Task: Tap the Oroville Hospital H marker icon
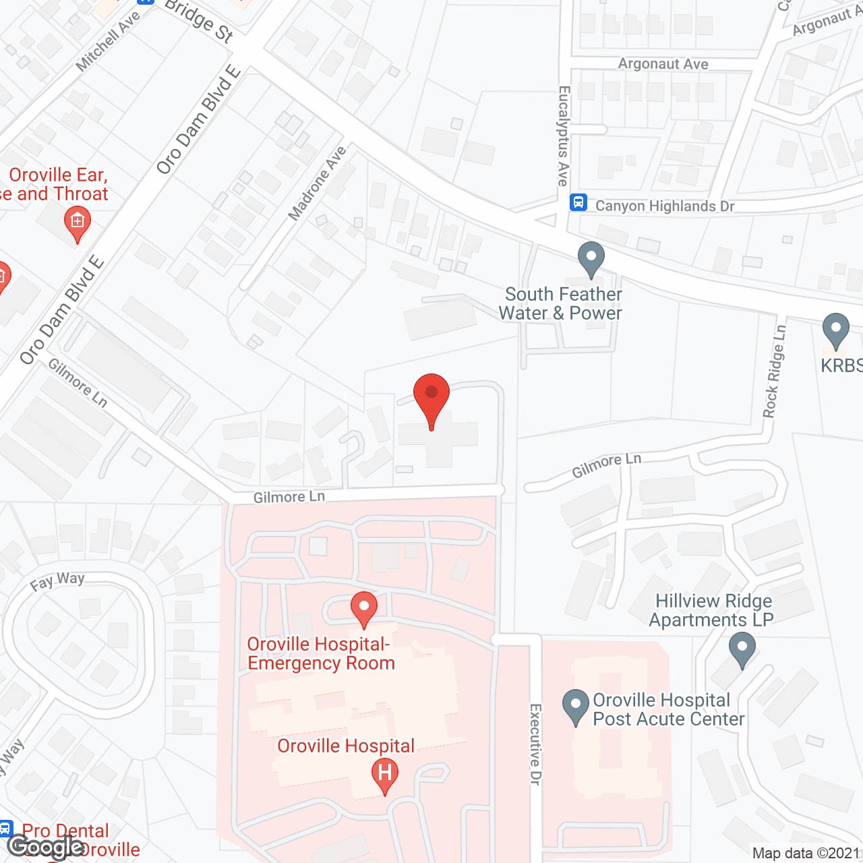pos(385,774)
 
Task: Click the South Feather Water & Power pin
pos(591,258)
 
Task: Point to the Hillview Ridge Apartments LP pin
pos(742,649)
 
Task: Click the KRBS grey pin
pos(836,330)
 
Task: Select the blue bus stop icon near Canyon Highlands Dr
pos(578,202)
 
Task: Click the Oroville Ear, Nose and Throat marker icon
pos(78,222)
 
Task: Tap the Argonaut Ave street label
pos(663,64)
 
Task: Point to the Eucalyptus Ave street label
pos(564,136)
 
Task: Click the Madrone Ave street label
pos(317,183)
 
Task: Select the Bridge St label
pos(200,20)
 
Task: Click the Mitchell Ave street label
pos(108,40)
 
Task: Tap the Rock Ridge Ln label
pos(775,371)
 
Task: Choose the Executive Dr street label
pos(535,744)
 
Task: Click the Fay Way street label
pos(57,581)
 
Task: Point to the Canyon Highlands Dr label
pos(665,206)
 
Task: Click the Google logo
pos(46,847)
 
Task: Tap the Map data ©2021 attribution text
pos(806,854)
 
